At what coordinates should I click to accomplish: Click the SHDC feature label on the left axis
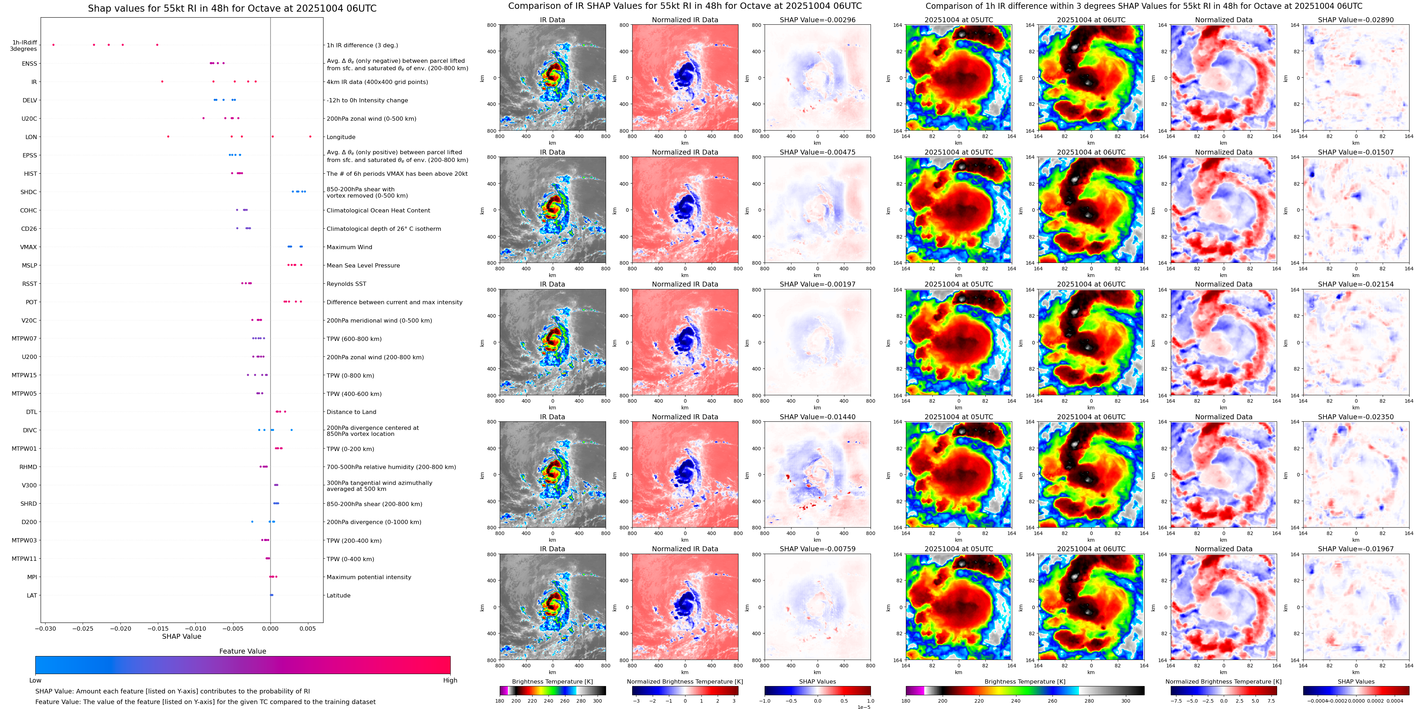pos(29,192)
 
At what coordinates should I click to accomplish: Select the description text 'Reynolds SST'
pos(346,284)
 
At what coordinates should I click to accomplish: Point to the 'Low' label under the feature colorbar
pos(35,680)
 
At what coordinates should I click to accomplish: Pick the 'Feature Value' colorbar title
pos(242,651)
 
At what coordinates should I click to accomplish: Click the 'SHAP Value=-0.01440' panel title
pos(818,417)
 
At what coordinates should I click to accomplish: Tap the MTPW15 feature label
pos(24,375)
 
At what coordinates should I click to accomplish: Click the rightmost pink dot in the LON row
pos(310,137)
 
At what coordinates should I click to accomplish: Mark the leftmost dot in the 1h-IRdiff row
pos(53,44)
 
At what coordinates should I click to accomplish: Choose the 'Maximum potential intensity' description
pos(369,577)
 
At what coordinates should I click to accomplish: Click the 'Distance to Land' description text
pos(351,412)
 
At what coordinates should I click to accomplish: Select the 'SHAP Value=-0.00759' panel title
pos(818,549)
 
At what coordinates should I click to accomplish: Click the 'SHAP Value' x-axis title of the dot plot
pos(182,636)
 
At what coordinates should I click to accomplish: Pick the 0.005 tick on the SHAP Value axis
pos(308,629)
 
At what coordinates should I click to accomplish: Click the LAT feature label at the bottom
pos(32,595)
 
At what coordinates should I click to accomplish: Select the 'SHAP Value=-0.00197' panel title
pos(818,284)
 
